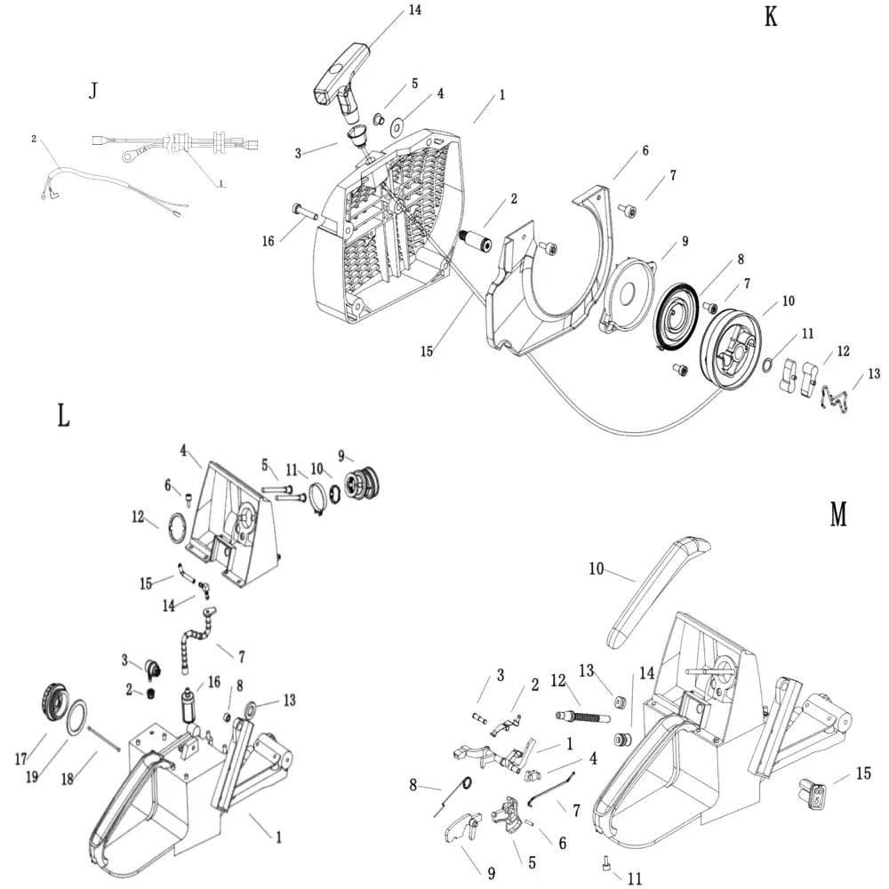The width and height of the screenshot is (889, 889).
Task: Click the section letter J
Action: pos(93,91)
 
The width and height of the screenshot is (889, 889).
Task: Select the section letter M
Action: pos(837,514)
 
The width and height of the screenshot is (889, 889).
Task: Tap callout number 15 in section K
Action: pos(428,351)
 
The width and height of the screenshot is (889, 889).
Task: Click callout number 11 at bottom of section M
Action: pos(634,878)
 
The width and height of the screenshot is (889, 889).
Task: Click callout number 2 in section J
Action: pos(34,139)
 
